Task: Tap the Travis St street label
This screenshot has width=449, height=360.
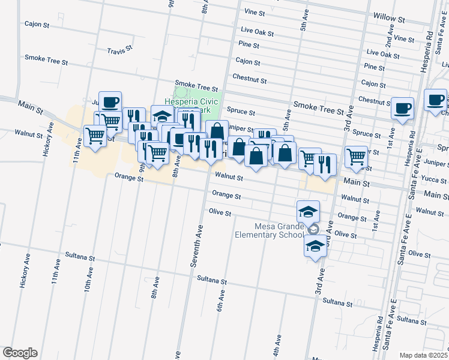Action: point(119,51)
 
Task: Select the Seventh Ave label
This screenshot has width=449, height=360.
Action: point(195,247)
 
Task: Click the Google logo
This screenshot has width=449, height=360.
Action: point(20,353)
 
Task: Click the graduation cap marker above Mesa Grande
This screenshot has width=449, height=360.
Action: point(308,211)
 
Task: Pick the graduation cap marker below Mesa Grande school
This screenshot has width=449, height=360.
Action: point(315,246)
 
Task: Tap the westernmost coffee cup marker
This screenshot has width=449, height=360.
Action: point(110,102)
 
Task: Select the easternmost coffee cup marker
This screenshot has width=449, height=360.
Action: point(435,100)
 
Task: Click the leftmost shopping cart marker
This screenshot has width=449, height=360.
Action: point(95,136)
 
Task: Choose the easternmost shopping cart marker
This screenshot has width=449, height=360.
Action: point(356,157)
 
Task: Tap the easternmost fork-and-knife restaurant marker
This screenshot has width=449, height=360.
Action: point(325,164)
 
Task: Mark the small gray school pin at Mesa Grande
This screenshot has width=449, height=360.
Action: point(312,230)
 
